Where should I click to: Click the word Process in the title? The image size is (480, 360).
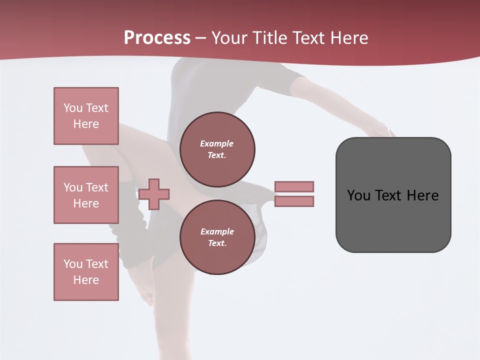point(157,38)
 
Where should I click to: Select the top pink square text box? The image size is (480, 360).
point(86,116)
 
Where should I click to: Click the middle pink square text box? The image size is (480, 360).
point(86,195)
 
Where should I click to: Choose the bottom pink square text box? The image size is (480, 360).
point(86,272)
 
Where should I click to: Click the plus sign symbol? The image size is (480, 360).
point(154,193)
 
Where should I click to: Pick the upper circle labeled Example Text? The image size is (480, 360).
point(217,149)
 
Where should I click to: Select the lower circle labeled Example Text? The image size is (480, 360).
point(217,237)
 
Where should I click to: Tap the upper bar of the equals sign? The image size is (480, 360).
point(294,186)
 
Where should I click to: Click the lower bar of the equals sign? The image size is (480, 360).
point(294,201)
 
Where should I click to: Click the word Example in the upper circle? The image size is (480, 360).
point(216,143)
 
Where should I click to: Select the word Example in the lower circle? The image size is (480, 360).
point(217,231)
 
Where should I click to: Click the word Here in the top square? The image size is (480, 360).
point(86,124)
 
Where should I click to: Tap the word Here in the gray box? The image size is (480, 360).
point(423,195)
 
